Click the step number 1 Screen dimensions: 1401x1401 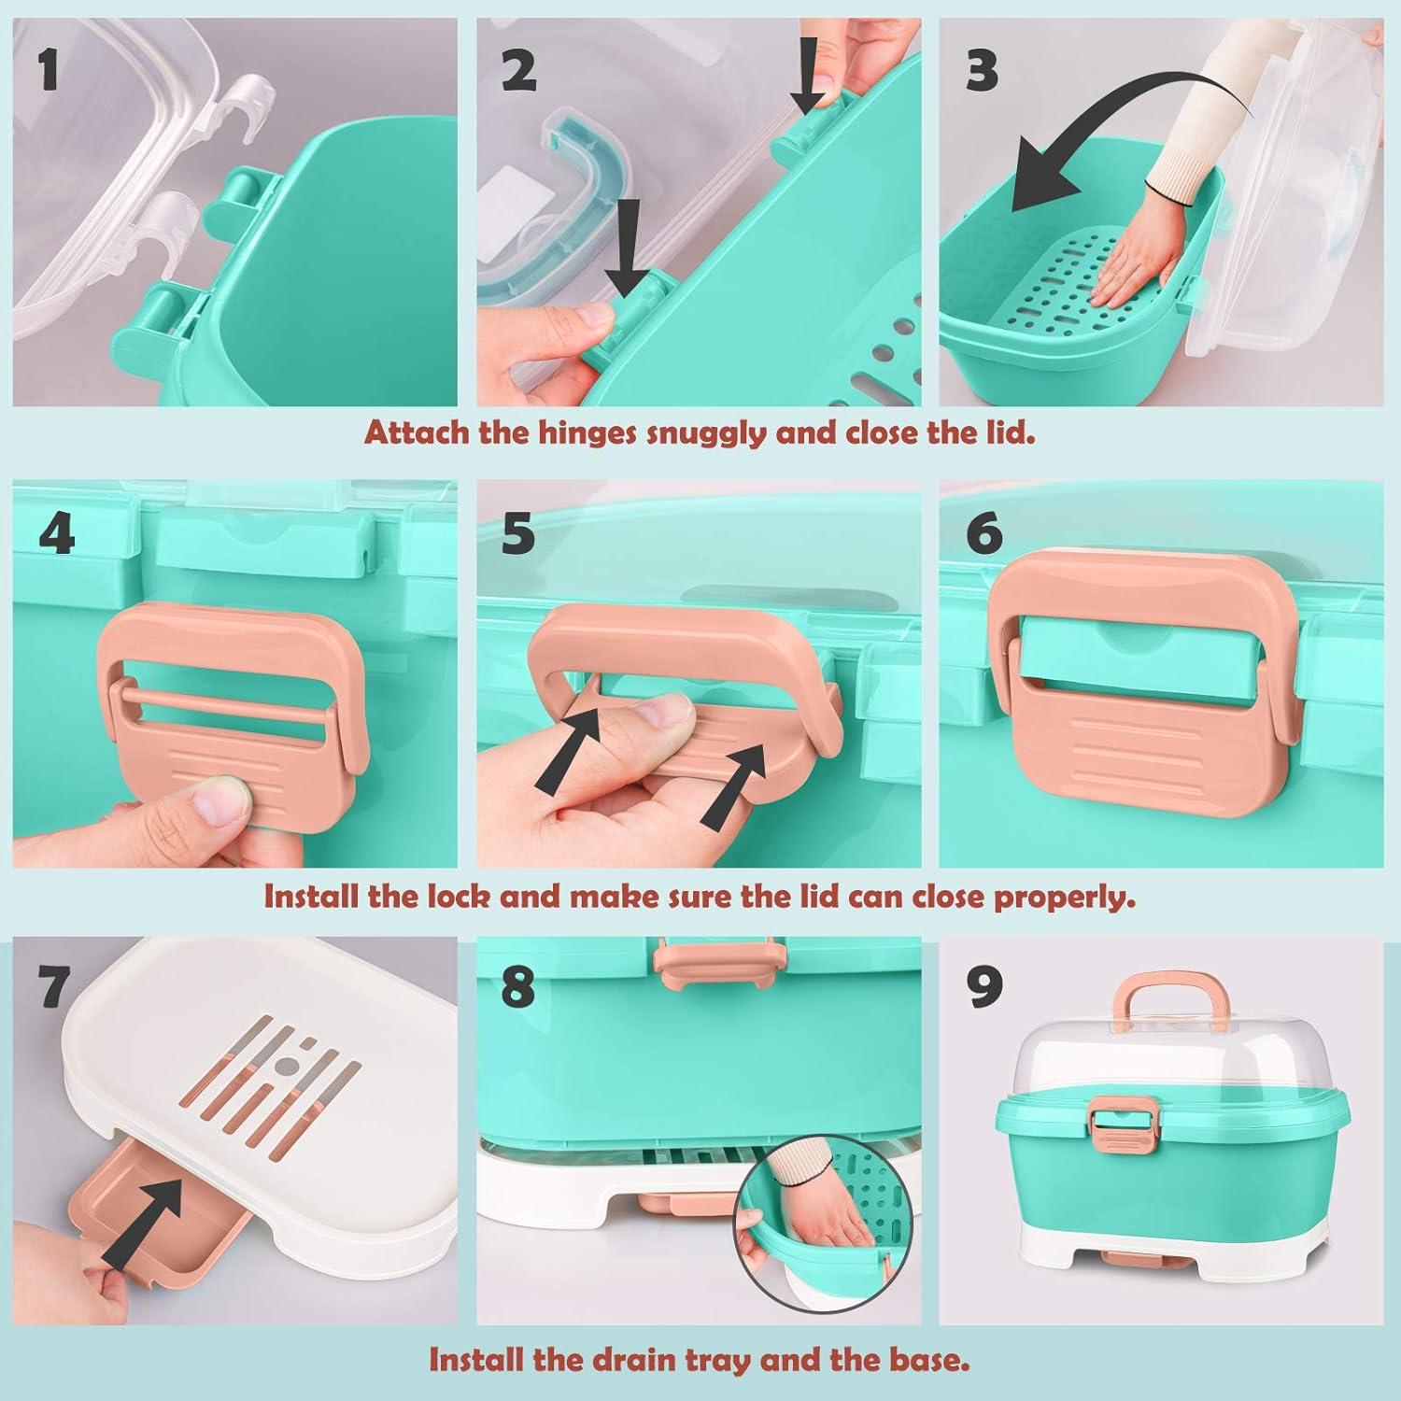(x=50, y=70)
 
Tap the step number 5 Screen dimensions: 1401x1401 (x=517, y=533)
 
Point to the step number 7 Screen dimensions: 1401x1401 (x=54, y=986)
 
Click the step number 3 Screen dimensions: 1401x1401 (x=981, y=70)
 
